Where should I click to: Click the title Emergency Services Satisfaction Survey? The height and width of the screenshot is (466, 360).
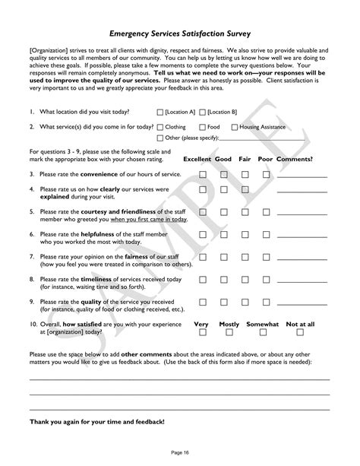[180, 34]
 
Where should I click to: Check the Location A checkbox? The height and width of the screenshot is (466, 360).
[160, 111]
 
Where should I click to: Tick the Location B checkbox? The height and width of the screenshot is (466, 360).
[204, 111]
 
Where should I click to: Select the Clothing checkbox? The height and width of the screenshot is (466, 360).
[160, 127]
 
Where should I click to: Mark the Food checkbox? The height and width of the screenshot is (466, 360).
[203, 127]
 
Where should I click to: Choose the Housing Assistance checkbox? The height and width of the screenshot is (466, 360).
[235, 127]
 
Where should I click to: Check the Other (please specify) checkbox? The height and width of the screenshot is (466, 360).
[160, 138]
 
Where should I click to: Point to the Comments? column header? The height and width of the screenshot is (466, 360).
[295, 160]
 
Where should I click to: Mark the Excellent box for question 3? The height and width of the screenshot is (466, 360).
[203, 174]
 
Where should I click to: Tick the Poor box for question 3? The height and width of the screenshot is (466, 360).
[267, 174]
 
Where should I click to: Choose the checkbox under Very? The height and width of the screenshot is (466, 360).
[202, 332]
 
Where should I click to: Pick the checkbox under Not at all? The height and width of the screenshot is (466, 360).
[300, 332]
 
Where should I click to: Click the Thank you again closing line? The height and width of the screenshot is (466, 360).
[96, 420]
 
